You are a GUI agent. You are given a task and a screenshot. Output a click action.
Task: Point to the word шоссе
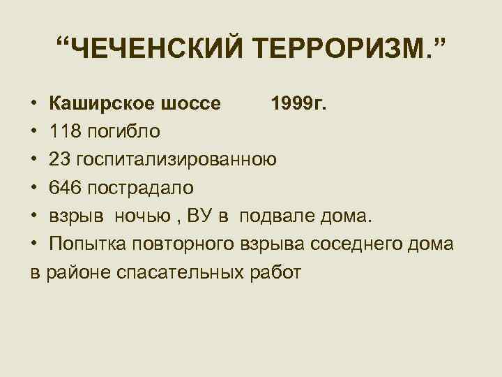[x=191, y=103]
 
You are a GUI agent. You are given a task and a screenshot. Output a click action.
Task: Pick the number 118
[x=65, y=131]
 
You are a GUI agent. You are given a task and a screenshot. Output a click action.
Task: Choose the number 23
[x=59, y=159]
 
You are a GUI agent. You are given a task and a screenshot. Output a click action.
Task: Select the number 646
[x=65, y=187]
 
